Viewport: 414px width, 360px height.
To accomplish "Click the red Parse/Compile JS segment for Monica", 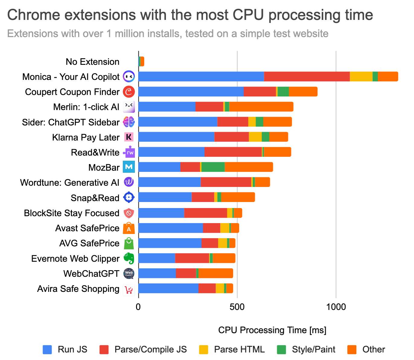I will pos(307,77).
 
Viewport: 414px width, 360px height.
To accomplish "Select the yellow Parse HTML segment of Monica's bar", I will pos(361,77).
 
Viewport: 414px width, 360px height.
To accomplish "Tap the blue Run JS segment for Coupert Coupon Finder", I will pos(191,92).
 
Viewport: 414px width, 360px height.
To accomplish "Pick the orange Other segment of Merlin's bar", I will pos(261,107).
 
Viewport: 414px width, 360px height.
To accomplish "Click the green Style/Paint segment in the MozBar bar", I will pos(213,167).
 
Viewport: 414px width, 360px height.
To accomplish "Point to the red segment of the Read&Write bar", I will pos(233,152).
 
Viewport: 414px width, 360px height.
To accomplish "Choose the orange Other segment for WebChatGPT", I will pos(215,273).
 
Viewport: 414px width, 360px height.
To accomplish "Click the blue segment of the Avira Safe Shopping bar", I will pos(168,288).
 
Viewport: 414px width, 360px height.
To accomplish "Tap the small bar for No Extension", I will pos(141,62).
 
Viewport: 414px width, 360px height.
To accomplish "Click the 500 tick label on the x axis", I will pos(237,307).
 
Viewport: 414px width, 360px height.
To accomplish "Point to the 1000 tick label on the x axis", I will pos(336,307).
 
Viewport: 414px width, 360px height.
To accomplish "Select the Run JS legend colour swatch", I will pos(47,349).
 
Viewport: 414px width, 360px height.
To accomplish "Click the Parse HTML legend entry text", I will pos(239,349).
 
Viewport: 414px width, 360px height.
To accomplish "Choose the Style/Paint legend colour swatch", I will pos(282,349).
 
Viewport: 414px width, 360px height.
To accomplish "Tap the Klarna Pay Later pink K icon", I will pos(129,137).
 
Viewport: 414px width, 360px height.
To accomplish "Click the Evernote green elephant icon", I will pos(129,258).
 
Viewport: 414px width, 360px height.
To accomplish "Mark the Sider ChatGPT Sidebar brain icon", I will pos(129,122).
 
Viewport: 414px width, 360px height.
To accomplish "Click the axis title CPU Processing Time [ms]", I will pos(272,330).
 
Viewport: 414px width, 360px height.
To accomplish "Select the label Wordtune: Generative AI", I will pos(70,182).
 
